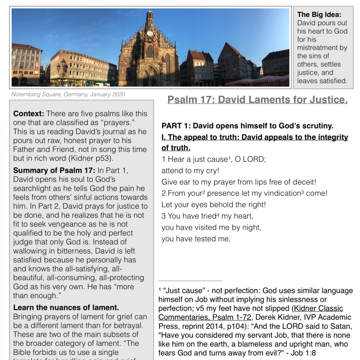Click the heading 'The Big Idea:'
tap(319, 15)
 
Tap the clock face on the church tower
tap(149, 33)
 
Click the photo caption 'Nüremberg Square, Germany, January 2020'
tap(68, 94)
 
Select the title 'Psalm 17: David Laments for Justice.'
tap(257, 100)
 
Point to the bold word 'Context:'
tap(29, 114)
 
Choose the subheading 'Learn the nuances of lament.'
tap(66, 308)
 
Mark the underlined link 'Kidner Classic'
tap(319, 308)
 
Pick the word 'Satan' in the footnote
tap(341, 326)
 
